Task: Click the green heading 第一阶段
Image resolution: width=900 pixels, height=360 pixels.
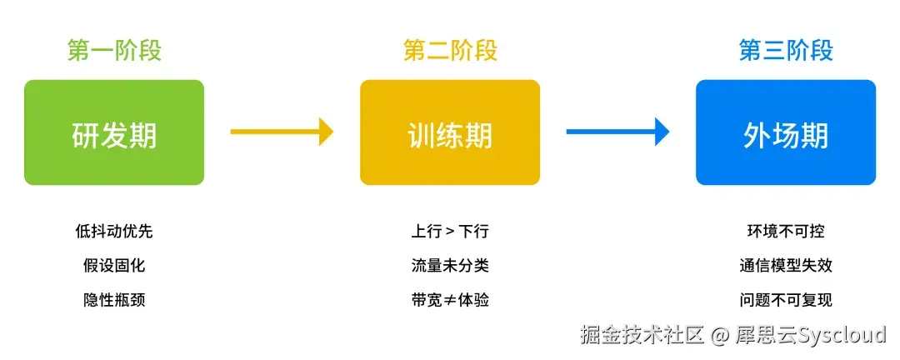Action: pyautogui.click(x=114, y=51)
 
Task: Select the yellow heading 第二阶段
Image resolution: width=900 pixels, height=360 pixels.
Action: pyautogui.click(x=450, y=51)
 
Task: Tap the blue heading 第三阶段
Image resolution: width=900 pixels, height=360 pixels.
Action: pyautogui.click(x=786, y=51)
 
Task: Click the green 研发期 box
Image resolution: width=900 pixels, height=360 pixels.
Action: pyautogui.click(x=114, y=132)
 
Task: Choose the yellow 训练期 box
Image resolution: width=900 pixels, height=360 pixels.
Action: pyautogui.click(x=450, y=132)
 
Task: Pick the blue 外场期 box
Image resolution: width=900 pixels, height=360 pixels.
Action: pyautogui.click(x=786, y=132)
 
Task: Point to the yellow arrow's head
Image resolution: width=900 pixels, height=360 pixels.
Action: pyautogui.click(x=326, y=131)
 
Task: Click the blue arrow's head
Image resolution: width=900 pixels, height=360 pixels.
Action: pyautogui.click(x=662, y=131)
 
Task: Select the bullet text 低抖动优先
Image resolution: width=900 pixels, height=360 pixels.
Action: pyautogui.click(x=114, y=232)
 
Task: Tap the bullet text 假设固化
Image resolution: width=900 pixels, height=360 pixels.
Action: pyautogui.click(x=114, y=266)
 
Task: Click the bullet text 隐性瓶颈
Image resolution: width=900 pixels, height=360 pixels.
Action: pyautogui.click(x=114, y=300)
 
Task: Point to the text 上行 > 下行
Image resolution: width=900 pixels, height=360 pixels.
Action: pyautogui.click(x=450, y=232)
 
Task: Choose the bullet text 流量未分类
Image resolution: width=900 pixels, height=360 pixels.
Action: pyautogui.click(x=450, y=266)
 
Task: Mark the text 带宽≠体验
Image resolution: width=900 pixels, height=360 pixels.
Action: pyautogui.click(x=450, y=300)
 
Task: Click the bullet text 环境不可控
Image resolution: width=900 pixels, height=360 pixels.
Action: pyautogui.click(x=786, y=232)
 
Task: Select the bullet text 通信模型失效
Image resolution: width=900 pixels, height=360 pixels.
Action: pyautogui.click(x=786, y=266)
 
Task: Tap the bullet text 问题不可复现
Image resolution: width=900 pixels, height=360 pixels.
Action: pyautogui.click(x=786, y=300)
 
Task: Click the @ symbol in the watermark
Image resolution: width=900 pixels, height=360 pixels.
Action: pyautogui.click(x=720, y=335)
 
